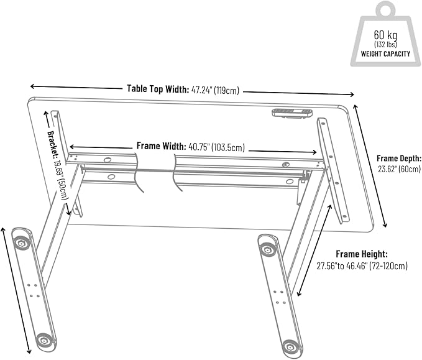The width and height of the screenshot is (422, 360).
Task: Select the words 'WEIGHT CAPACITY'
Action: [x=385, y=53]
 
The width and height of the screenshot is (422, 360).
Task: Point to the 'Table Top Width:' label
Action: [x=157, y=90]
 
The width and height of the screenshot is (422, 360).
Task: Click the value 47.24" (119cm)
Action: [x=215, y=91]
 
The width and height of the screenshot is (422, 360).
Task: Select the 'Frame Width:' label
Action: [x=161, y=147]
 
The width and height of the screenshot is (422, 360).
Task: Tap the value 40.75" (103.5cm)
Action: [x=216, y=147]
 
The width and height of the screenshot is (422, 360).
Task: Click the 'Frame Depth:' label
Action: [x=399, y=159]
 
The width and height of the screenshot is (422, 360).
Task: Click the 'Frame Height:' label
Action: [x=362, y=254]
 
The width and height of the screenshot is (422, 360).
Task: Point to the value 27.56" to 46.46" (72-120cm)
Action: [x=362, y=266]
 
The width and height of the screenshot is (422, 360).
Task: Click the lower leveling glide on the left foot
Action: [x=44, y=339]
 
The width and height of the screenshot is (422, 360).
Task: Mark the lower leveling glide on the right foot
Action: [x=289, y=346]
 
